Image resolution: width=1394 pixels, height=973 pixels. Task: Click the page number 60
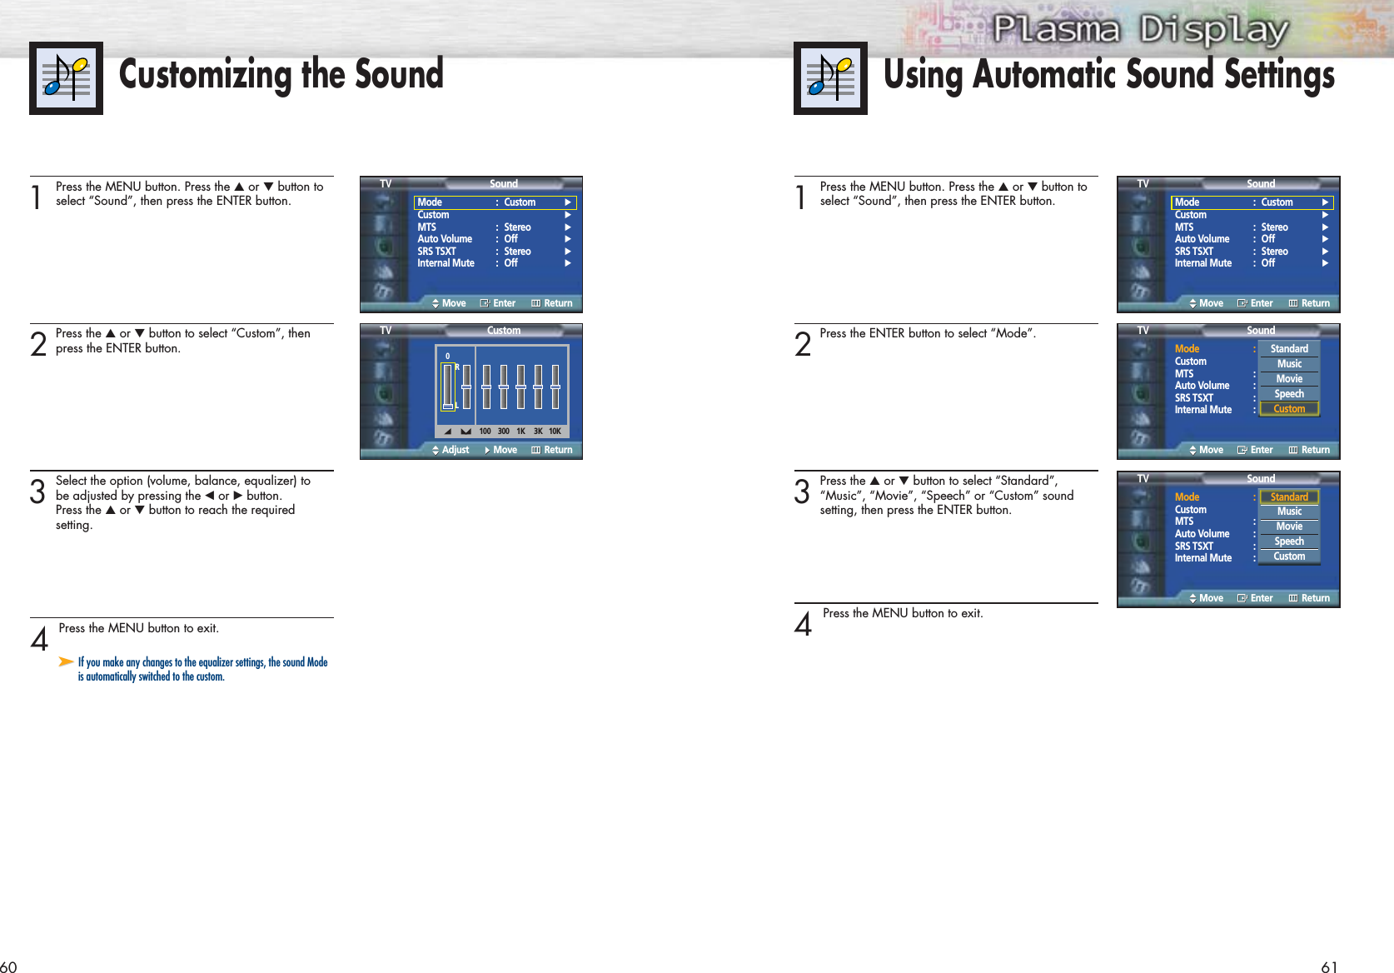pos(8,966)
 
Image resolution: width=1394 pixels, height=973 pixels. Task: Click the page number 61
pos(1329,966)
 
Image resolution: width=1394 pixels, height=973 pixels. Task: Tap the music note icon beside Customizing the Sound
pos(66,77)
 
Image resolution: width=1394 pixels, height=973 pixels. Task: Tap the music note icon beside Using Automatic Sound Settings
pos(830,77)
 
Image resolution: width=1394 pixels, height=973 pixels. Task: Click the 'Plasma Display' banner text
pos(1140,29)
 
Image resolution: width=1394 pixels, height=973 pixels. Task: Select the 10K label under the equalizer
pos(555,431)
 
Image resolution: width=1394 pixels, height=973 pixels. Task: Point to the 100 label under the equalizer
pos(485,431)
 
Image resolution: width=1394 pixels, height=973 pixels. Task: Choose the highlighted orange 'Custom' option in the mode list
pos(1289,409)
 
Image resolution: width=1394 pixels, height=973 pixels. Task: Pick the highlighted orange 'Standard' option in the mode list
pos(1289,496)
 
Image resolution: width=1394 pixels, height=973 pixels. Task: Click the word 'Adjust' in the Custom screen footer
pos(455,450)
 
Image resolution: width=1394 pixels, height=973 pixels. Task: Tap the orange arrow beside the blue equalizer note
pos(66,661)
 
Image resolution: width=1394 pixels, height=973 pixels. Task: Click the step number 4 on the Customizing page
pos(39,639)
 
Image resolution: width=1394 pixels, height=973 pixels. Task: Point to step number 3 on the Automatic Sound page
pos(802,491)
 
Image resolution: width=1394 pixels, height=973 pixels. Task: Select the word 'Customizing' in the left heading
pos(205,74)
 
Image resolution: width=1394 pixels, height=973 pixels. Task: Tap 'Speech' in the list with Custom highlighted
pos(1289,393)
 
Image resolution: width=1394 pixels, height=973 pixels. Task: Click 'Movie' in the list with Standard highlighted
pos(1289,526)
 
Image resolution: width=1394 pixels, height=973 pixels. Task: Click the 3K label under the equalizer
pos(538,431)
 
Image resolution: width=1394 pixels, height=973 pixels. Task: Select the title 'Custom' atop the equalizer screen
pos(504,331)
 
